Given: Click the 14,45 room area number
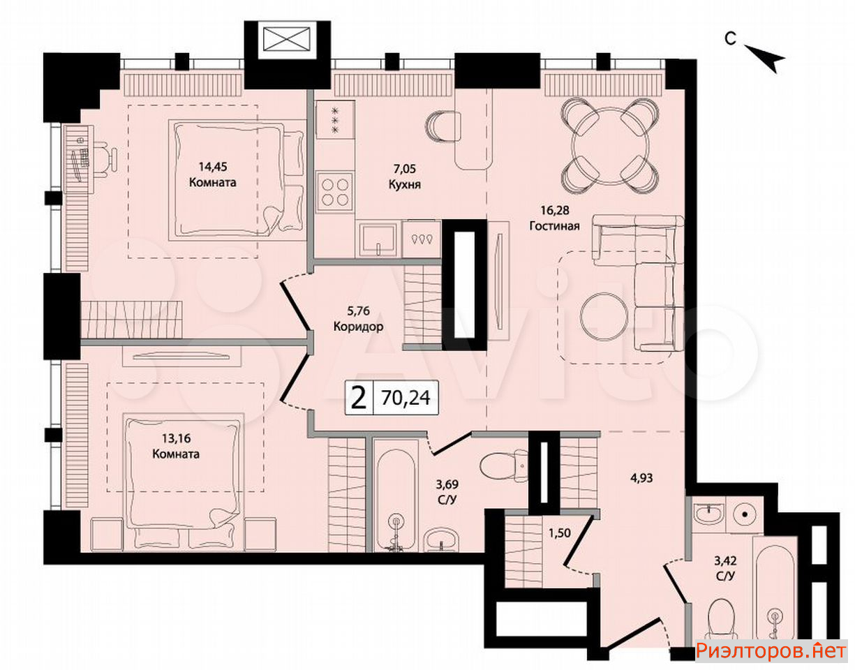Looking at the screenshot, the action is point(212,167).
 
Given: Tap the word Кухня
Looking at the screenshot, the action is point(404,184).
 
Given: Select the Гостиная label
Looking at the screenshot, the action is point(554,226).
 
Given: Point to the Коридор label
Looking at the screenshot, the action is point(358,327).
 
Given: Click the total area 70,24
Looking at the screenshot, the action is point(406,398).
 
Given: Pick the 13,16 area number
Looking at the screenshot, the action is point(177,438).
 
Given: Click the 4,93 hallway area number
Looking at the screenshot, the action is point(641,478).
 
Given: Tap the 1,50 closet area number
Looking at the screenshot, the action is point(560,533).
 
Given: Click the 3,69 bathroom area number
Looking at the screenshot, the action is point(447,484).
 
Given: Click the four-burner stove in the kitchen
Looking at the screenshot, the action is point(335,193).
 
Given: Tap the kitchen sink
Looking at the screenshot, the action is point(378,238).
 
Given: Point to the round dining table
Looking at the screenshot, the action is point(609,147).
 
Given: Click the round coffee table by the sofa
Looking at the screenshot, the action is point(603,316).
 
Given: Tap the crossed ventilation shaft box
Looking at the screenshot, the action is point(286,39).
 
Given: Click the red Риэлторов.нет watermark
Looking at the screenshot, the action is point(771,650).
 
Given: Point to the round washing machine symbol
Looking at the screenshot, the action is point(745,514).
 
